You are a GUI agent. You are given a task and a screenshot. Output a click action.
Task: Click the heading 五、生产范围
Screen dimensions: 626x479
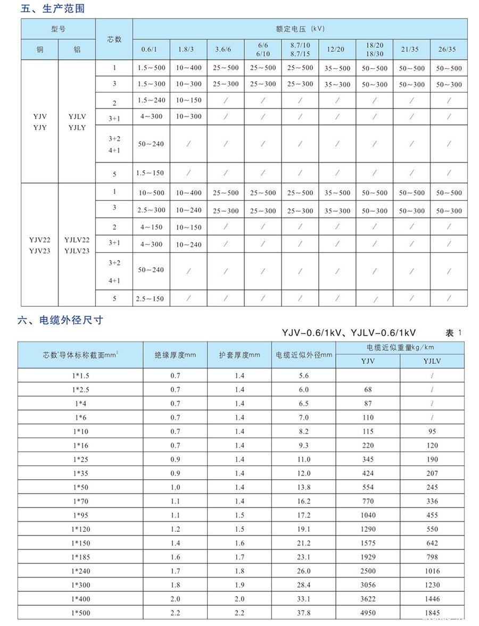tap(53, 9)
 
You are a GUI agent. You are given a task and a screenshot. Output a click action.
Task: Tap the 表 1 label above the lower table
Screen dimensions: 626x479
tap(454, 333)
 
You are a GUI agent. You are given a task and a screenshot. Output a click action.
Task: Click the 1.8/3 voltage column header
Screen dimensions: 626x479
tap(188, 49)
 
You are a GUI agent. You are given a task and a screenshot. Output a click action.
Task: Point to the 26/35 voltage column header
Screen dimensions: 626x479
tap(449, 49)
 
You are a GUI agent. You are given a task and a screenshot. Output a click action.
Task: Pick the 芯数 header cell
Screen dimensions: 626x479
tap(114, 39)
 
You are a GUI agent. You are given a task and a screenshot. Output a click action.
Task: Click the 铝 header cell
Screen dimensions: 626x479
tap(77, 49)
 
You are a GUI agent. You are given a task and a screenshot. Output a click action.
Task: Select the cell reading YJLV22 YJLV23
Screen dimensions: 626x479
tap(77, 245)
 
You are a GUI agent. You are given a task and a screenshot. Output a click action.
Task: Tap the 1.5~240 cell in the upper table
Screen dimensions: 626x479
tap(151, 101)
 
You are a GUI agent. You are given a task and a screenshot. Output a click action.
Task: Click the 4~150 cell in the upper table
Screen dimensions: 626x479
tap(151, 227)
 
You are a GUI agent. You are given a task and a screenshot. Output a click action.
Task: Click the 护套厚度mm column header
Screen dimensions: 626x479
tap(240, 355)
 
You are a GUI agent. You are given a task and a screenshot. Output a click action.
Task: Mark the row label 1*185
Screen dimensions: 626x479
tap(80, 557)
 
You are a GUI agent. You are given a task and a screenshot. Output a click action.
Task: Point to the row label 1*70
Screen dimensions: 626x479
tap(80, 501)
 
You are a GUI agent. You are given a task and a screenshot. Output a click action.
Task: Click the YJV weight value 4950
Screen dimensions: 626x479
tap(368, 613)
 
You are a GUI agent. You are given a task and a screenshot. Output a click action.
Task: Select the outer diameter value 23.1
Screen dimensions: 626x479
tap(303, 557)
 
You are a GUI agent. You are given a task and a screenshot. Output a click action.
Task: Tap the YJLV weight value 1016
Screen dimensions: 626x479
tap(432, 571)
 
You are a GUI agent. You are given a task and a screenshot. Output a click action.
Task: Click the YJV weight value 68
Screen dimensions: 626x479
tap(368, 390)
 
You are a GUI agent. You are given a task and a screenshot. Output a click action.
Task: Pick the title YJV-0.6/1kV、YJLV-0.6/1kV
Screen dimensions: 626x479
tap(349, 333)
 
